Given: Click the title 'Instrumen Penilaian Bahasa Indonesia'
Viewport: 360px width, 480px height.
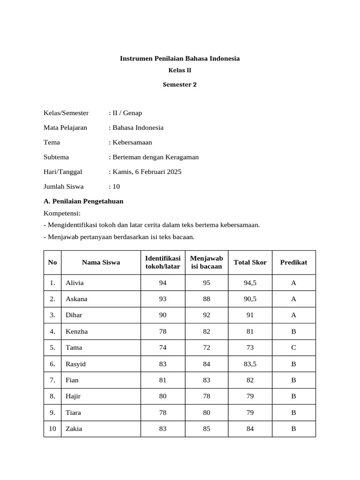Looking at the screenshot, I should click(180, 59).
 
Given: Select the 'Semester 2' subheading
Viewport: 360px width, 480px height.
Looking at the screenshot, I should click(180, 85).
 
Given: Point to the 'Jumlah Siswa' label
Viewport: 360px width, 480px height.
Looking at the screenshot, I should click(64, 186).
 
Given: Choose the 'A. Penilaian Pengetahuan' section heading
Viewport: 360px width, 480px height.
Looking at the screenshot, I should click(83, 201).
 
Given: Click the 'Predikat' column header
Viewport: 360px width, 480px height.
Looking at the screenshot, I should click(293, 262).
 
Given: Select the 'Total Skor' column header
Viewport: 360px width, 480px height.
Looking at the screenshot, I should click(250, 262).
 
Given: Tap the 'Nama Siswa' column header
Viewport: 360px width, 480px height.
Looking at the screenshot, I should click(101, 262).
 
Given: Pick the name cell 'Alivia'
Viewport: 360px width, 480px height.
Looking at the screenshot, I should click(75, 283).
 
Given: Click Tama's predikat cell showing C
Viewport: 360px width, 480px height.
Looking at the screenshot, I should click(293, 348).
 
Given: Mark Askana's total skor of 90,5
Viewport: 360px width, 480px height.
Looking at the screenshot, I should click(250, 299).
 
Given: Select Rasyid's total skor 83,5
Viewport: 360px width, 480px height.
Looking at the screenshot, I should click(250, 364).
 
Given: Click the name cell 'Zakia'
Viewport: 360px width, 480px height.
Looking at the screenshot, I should click(74, 429).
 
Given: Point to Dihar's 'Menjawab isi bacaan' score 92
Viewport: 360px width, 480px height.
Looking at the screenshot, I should click(207, 315).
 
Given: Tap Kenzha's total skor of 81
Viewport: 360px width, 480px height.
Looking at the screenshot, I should click(250, 331).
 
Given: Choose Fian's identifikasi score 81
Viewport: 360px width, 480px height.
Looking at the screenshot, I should click(163, 380).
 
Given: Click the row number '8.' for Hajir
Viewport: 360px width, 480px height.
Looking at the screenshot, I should click(52, 397).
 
